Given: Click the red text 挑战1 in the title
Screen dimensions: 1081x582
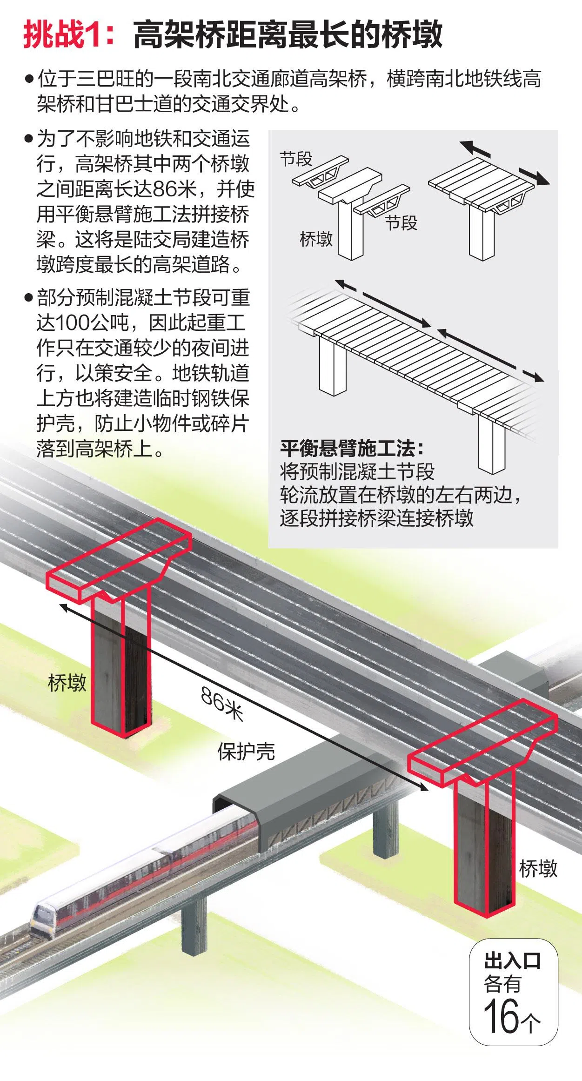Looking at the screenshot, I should click(61, 34).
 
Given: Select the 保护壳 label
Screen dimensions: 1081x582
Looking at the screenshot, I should click(246, 751).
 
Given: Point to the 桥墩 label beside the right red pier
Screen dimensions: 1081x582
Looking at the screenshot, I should click(538, 868).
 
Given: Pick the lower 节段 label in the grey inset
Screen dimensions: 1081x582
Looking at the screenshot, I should click(401, 223).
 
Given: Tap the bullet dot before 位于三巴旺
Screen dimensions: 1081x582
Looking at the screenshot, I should click(29, 79).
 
